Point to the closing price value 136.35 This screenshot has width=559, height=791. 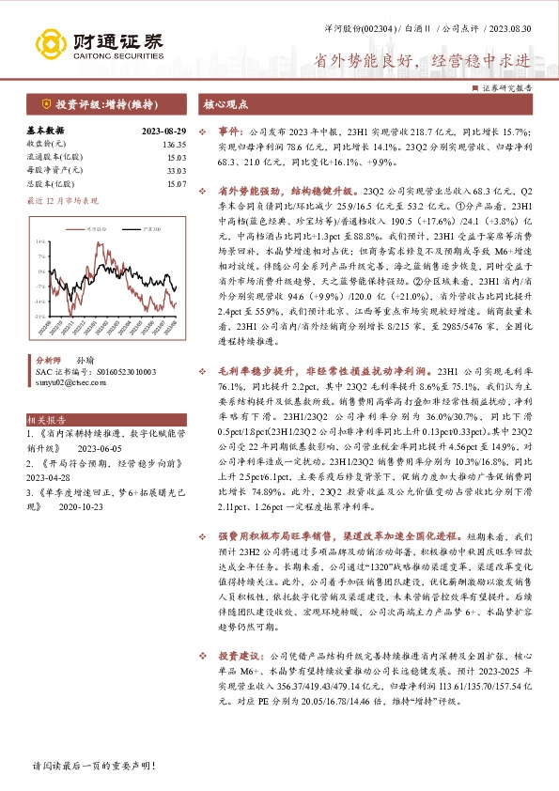coord(174,145)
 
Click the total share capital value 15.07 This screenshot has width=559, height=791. coord(176,184)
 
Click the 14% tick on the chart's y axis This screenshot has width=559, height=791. coord(40,240)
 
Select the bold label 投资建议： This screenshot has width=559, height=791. coord(243,654)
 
